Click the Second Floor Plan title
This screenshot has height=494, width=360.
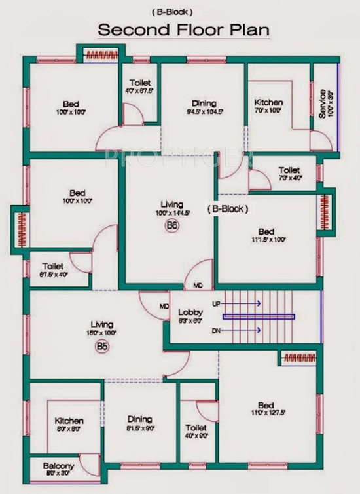183,30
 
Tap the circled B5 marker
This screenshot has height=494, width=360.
102,346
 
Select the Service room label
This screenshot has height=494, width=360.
322,103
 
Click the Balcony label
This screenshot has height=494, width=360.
59,466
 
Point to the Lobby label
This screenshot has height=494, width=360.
190,313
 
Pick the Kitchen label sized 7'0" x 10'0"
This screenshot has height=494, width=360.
268,103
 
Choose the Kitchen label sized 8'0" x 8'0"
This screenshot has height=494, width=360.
69,421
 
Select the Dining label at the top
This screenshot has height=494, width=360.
204,103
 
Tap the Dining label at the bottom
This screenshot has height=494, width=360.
140,419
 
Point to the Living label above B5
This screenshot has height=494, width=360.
102,324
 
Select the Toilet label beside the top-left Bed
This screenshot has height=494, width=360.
140,83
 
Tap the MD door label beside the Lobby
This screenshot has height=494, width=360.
164,307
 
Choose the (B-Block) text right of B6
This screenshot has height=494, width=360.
227,209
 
